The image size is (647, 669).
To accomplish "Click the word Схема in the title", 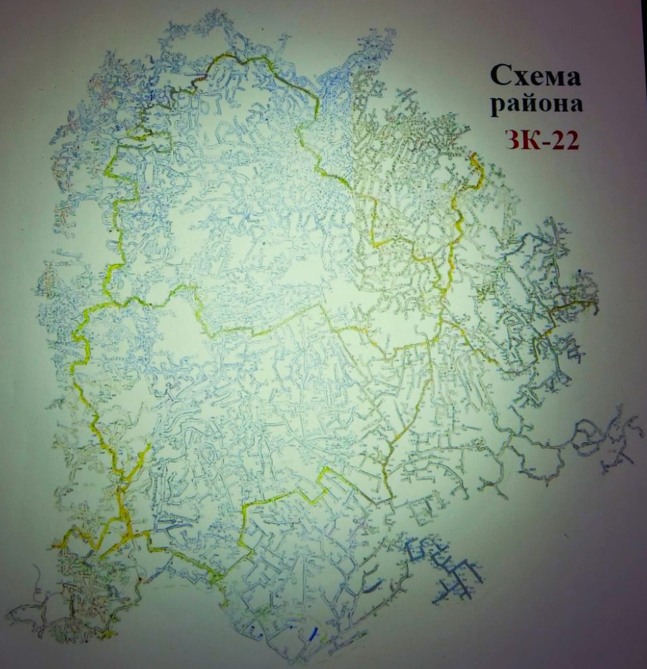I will tap(535, 78).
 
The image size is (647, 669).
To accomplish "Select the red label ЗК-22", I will tap(542, 139).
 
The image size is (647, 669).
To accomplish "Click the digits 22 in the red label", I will tap(564, 139).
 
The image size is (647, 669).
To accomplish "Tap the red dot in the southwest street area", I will tap(139, 579).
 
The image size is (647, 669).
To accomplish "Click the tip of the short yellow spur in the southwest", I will tap(150, 446).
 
